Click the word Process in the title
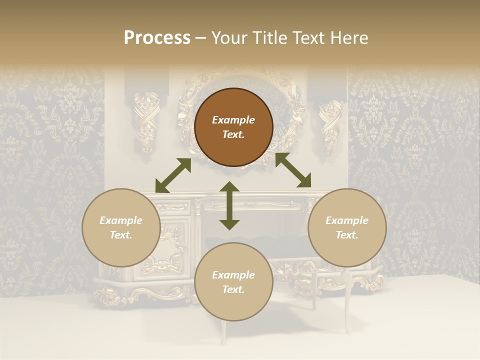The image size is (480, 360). point(157,38)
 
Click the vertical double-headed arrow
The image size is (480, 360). point(229,205)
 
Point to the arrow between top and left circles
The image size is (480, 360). point(173,175)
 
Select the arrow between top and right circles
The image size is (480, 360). point(293,170)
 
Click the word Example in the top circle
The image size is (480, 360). point(233,120)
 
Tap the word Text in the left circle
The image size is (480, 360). point(121,235)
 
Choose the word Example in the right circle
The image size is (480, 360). point(347,220)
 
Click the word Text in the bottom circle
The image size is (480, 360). point(233,289)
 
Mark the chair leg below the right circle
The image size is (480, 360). point(346,305)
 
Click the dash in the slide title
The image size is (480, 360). point(200,38)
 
